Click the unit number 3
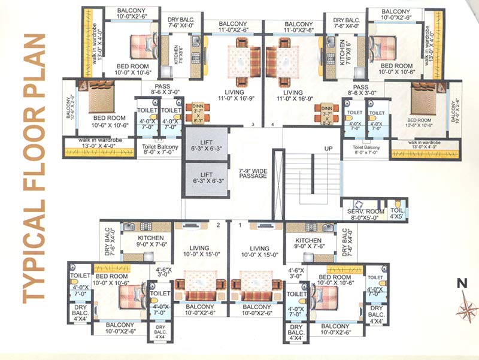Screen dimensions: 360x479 (x=253, y=125)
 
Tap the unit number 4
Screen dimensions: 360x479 (x=272, y=125)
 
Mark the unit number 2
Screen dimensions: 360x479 (x=219, y=225)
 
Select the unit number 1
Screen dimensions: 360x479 (x=240, y=225)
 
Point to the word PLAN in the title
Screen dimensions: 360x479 (x=34, y=65)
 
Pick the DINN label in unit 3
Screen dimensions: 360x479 (x=197, y=106)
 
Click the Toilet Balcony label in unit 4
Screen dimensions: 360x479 (x=366, y=147)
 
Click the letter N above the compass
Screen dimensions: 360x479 (x=462, y=284)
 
